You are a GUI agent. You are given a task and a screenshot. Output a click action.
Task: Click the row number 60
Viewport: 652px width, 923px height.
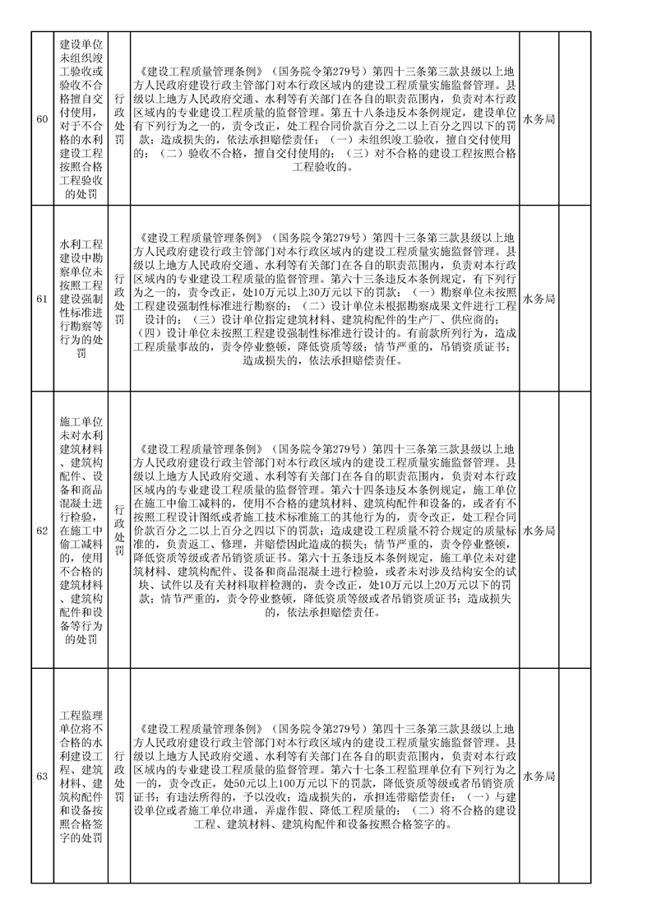tap(42, 119)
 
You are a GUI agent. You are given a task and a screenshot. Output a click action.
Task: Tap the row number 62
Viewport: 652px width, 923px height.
tap(42, 530)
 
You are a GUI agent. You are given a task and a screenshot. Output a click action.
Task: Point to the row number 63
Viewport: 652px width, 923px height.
tap(42, 776)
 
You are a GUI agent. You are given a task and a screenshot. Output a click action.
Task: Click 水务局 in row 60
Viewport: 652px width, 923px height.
tap(539, 119)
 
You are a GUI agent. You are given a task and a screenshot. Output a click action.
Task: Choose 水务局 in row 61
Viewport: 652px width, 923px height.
tap(539, 299)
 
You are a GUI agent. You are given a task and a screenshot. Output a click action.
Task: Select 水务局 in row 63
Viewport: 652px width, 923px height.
tap(539, 776)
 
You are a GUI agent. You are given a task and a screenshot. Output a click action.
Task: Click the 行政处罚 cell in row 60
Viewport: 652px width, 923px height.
tap(120, 119)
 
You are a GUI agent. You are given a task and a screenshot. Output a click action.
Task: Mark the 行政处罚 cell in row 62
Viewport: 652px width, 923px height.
tap(120, 530)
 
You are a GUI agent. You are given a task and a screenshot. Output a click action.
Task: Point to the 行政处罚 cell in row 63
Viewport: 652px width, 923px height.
tap(120, 776)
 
